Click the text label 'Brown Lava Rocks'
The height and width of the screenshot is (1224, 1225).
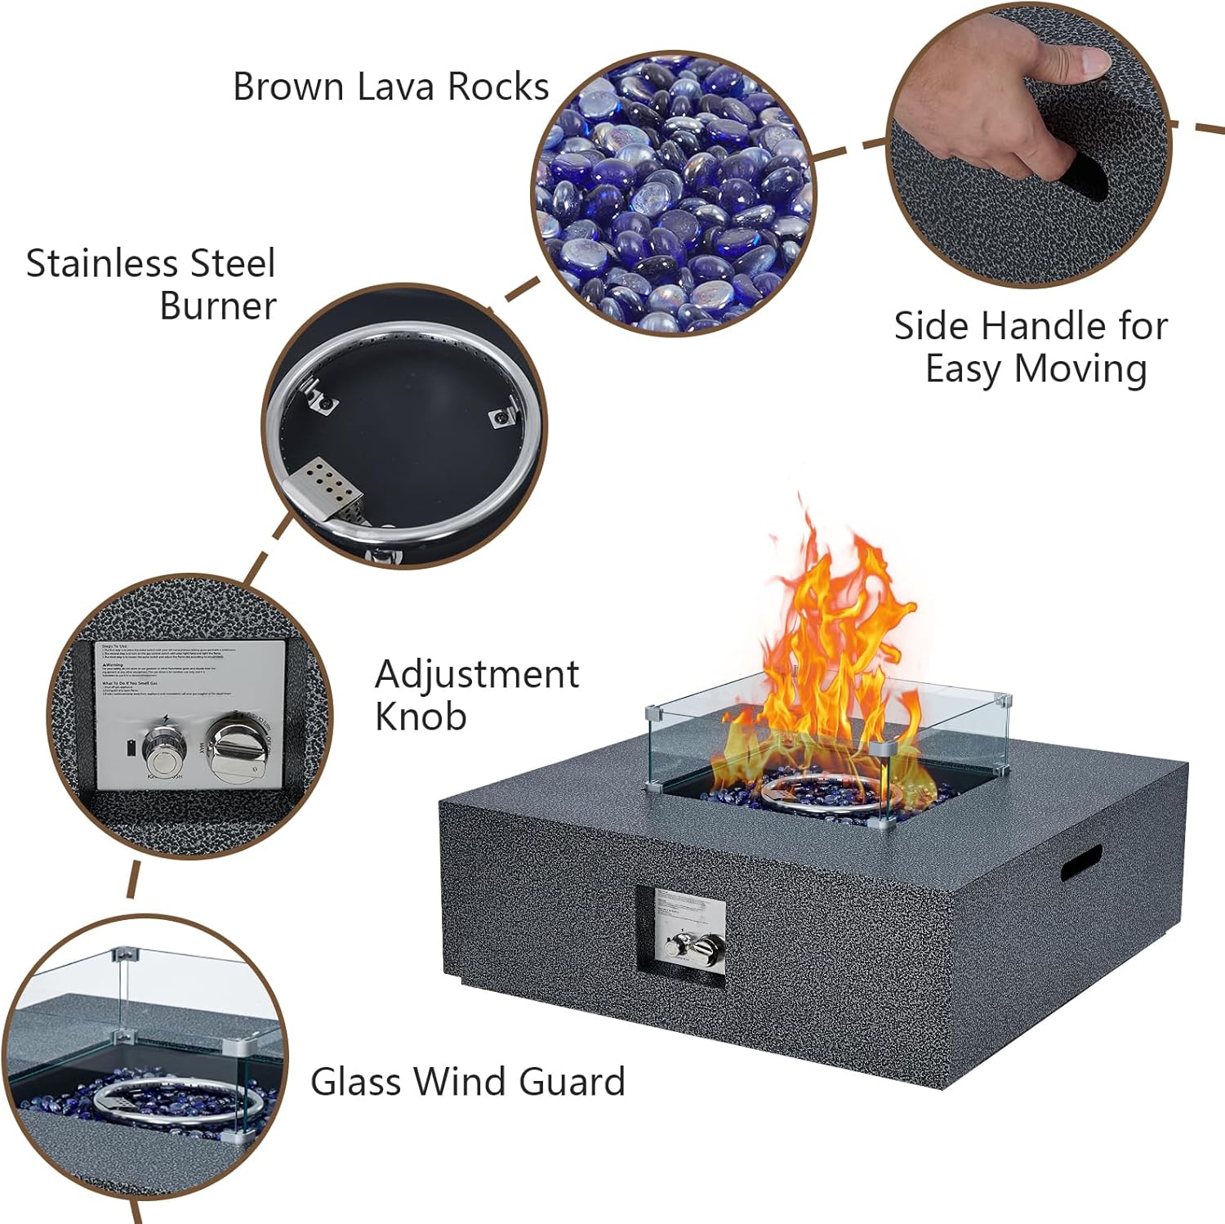click(x=390, y=87)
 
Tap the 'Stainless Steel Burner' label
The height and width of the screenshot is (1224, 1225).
click(x=152, y=284)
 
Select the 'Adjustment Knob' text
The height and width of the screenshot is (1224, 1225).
click(x=476, y=695)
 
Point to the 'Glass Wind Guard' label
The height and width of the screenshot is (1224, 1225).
click(x=467, y=1081)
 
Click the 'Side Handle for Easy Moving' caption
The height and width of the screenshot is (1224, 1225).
click(x=1031, y=346)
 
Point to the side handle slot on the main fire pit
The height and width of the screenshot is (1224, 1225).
click(x=1080, y=862)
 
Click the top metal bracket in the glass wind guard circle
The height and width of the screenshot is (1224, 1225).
click(x=125, y=954)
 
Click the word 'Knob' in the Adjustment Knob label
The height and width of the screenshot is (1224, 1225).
click(x=421, y=717)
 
